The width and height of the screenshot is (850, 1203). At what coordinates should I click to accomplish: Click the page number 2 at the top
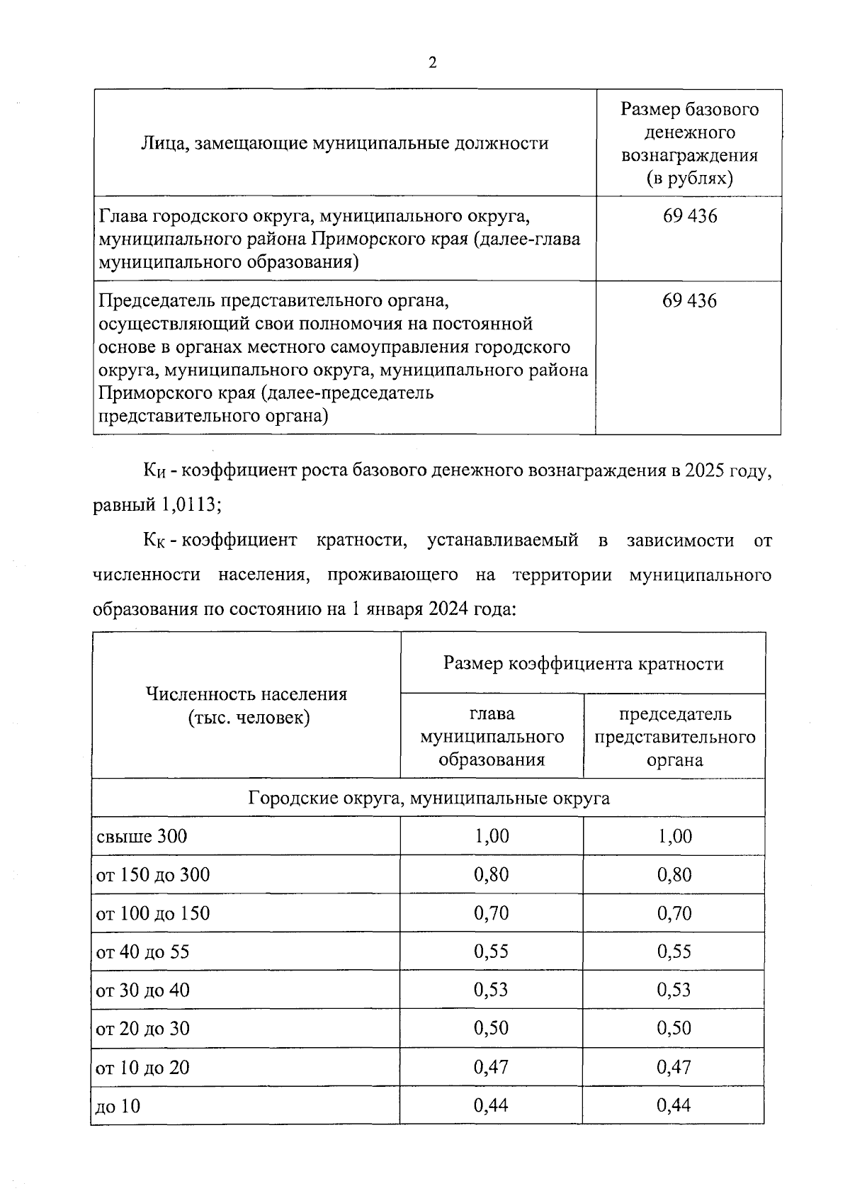[432, 62]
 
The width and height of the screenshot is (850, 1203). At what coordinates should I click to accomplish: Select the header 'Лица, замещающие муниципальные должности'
[345, 144]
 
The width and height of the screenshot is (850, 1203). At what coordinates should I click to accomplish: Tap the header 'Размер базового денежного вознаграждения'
[689, 143]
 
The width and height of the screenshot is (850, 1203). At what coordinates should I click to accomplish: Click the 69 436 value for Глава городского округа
[689, 216]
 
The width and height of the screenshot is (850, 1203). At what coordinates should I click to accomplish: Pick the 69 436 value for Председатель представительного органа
[689, 301]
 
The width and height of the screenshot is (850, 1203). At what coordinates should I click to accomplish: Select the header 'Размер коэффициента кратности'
[583, 663]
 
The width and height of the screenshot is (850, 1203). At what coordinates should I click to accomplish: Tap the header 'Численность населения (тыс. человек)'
[246, 706]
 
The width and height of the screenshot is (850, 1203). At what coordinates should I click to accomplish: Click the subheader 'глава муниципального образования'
[492, 737]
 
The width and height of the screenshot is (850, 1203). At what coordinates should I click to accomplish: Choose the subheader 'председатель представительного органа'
[674, 737]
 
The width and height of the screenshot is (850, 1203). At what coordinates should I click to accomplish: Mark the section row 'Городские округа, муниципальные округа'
[429, 798]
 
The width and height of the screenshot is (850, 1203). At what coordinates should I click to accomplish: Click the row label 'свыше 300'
[142, 837]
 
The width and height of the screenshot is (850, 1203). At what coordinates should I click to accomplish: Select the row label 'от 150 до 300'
[153, 875]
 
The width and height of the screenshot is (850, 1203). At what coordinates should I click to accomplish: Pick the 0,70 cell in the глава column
[492, 913]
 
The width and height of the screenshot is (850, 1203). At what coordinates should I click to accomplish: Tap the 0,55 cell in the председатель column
[674, 951]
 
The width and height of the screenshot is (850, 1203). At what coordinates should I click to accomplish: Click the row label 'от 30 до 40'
[143, 990]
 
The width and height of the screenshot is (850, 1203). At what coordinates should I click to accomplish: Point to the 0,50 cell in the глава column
[492, 1028]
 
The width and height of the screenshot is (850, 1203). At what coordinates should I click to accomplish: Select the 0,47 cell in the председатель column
[674, 1067]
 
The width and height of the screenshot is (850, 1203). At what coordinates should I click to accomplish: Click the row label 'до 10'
[118, 1106]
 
